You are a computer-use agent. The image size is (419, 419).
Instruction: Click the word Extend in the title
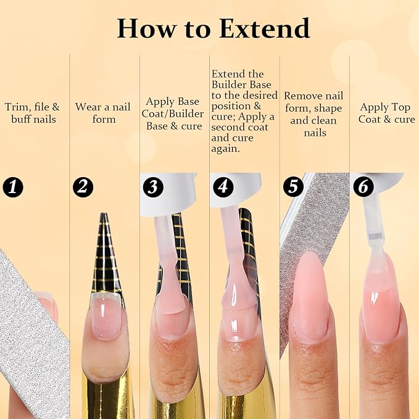pos(264,28)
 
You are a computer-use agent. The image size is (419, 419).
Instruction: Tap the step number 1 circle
pos(13,187)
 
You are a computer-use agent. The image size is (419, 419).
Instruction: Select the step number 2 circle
pos(83,187)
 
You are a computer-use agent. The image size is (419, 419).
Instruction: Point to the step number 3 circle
pos(153,187)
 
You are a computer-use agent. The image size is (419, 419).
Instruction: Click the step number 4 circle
pos(223,187)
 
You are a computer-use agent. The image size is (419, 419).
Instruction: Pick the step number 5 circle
pos(293,186)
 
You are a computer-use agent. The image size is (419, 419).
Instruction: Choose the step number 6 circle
pos(363,186)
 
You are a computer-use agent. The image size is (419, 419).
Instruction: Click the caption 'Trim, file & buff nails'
pos(32,113)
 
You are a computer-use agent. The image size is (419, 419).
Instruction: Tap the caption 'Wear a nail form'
pos(103,113)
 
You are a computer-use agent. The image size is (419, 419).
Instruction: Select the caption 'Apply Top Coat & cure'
pos(386,113)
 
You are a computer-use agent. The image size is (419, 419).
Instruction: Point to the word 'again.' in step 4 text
pos(225,149)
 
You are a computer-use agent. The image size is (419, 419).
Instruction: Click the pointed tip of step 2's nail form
pos(104,214)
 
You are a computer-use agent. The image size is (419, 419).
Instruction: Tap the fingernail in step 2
pos(106,316)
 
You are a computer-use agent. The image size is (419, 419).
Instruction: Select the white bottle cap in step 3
pos(168,194)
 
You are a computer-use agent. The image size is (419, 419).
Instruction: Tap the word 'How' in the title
pos(146,28)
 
